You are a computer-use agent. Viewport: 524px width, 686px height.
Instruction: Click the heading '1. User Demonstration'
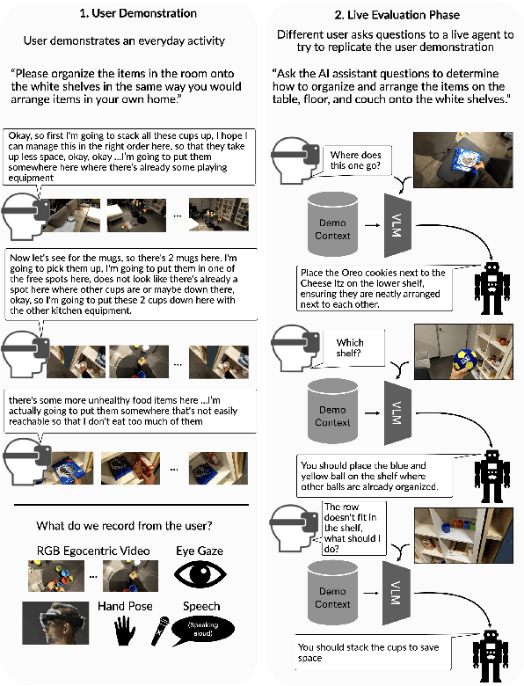tap(131, 15)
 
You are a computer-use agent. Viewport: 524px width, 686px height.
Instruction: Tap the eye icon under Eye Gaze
tap(199, 573)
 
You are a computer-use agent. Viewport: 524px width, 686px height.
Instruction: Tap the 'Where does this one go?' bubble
tap(354, 160)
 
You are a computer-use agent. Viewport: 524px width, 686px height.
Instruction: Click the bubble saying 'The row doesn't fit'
tap(352, 527)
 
